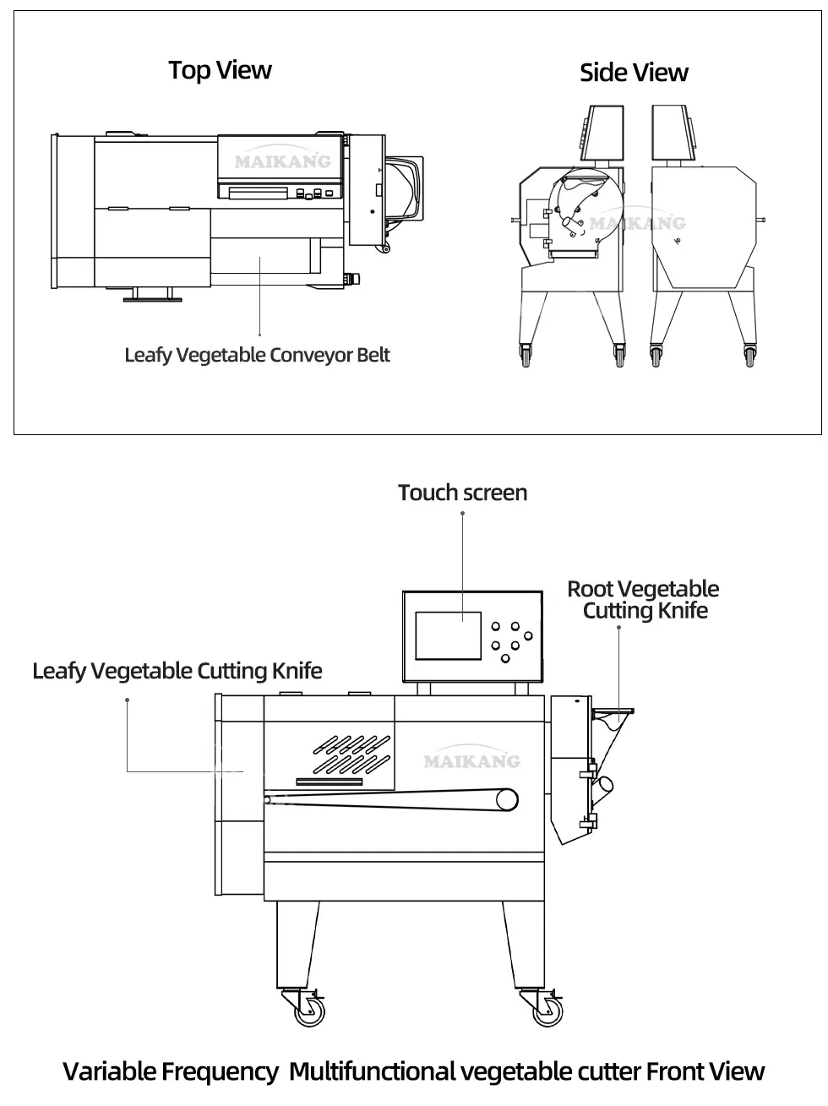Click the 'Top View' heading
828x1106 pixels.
220,70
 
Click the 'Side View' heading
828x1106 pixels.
634,74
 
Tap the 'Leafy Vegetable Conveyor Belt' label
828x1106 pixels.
257,355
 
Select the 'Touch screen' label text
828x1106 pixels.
462,493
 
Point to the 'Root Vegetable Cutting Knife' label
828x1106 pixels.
644,600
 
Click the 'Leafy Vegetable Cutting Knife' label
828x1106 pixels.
177,671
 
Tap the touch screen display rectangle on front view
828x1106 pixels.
449,635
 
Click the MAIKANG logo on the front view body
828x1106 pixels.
471,761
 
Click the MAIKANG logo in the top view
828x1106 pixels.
282,161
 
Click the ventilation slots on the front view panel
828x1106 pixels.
350,754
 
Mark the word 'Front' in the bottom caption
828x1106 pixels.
676,1071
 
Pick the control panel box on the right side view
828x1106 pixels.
673,133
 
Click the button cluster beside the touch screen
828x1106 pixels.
509,641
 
